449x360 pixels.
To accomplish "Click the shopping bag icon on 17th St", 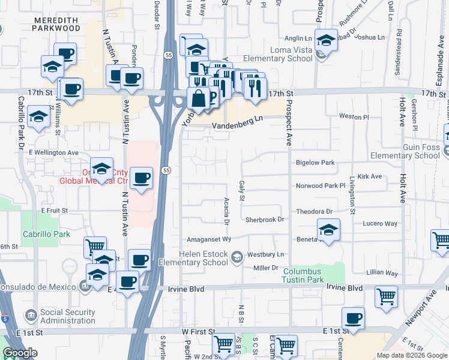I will coord(198,98).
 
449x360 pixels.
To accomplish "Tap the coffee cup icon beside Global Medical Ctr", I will coord(142,178).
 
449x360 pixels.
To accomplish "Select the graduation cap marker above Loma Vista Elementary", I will coord(326,40).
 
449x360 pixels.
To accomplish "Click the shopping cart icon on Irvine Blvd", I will coord(386,296).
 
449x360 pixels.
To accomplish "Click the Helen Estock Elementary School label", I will coord(193,258).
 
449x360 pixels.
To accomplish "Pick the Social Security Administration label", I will coord(67,316).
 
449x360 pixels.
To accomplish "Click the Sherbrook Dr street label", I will coord(264,220).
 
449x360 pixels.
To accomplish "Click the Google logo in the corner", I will coord(20,353).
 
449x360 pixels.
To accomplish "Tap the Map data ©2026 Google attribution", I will coord(412,355).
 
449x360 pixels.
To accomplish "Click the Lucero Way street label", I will coord(380,223).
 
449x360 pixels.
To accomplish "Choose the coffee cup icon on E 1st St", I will coord(354,318).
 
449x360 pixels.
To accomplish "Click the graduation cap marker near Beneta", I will coord(329,230).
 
